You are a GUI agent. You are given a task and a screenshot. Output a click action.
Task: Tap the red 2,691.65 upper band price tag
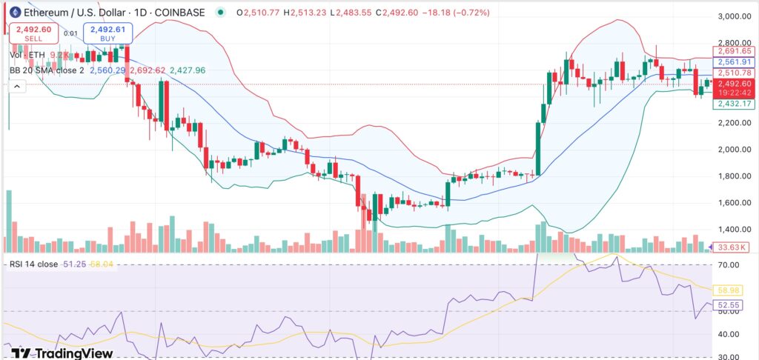(732, 51)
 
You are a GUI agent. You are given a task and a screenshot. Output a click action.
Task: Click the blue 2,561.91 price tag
(732, 62)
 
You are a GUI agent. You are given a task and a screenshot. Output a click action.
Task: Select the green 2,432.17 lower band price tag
(732, 104)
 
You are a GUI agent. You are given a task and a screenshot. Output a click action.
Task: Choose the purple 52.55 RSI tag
(730, 305)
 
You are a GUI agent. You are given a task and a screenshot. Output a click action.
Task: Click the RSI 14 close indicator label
(37, 264)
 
